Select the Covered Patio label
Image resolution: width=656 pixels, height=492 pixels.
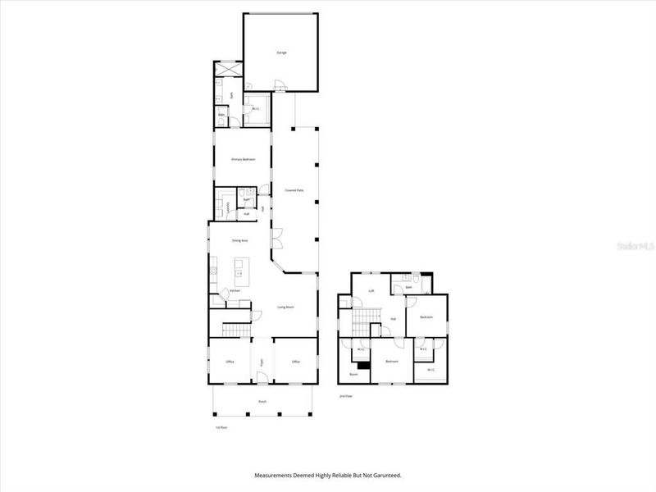pyautogui.click(x=294, y=189)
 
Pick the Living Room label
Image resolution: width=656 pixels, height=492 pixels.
pyautogui.click(x=285, y=307)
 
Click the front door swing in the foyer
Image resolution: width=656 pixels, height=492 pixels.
pyautogui.click(x=262, y=377)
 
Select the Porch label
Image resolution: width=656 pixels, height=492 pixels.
pyautogui.click(x=262, y=402)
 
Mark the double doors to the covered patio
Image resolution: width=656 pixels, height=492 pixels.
pyautogui.click(x=277, y=241)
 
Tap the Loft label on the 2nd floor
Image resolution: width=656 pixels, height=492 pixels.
pyautogui.click(x=371, y=290)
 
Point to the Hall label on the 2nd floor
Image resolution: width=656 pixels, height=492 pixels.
pyautogui.click(x=394, y=319)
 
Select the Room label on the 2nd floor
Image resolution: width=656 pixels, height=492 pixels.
pyautogui.click(x=353, y=374)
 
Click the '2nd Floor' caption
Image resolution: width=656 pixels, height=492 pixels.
pyautogui.click(x=345, y=395)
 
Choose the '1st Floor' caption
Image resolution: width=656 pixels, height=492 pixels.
pyautogui.click(x=220, y=428)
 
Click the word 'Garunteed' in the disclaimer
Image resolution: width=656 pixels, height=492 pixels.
pyautogui.click(x=386, y=475)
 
